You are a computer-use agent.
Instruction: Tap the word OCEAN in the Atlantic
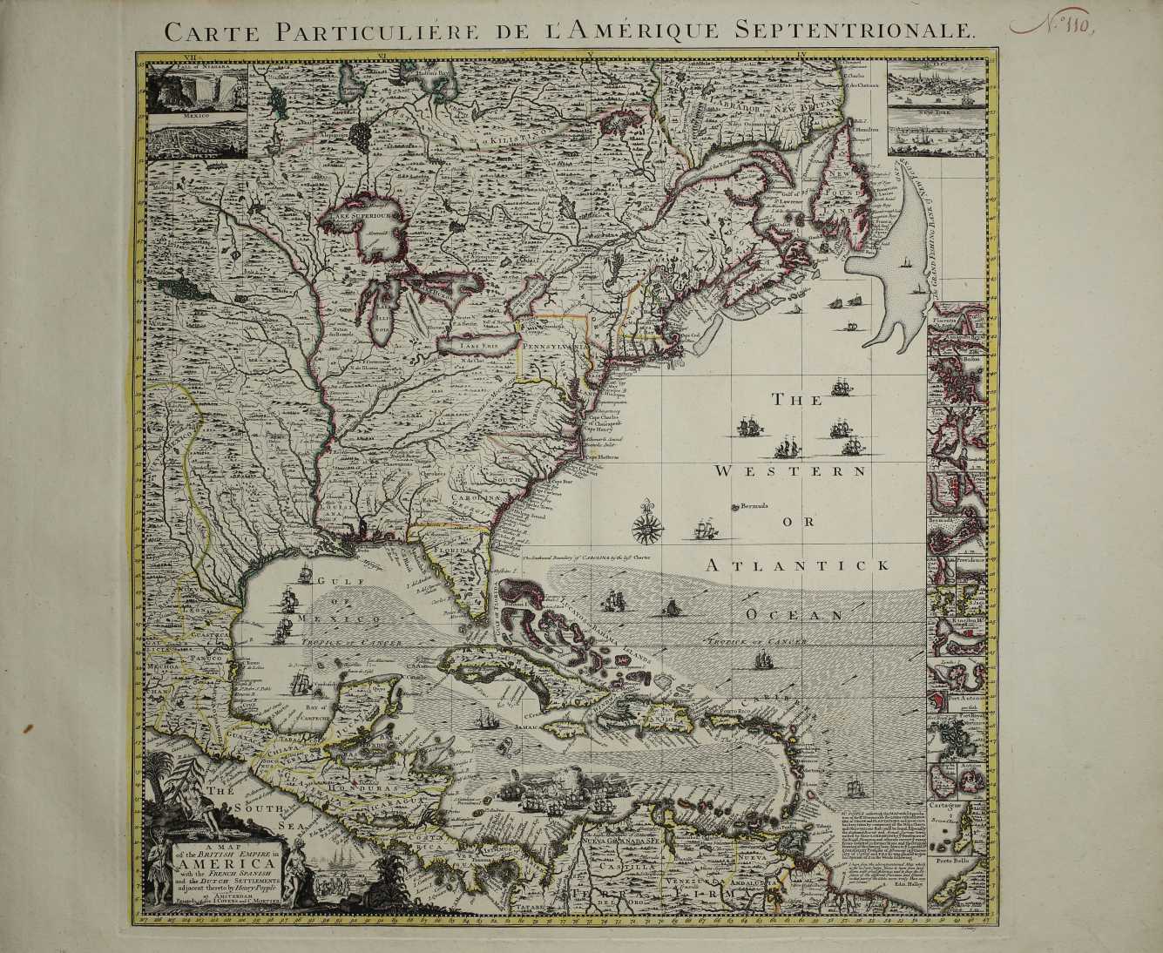(794, 614)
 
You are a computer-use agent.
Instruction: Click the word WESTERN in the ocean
(788, 471)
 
